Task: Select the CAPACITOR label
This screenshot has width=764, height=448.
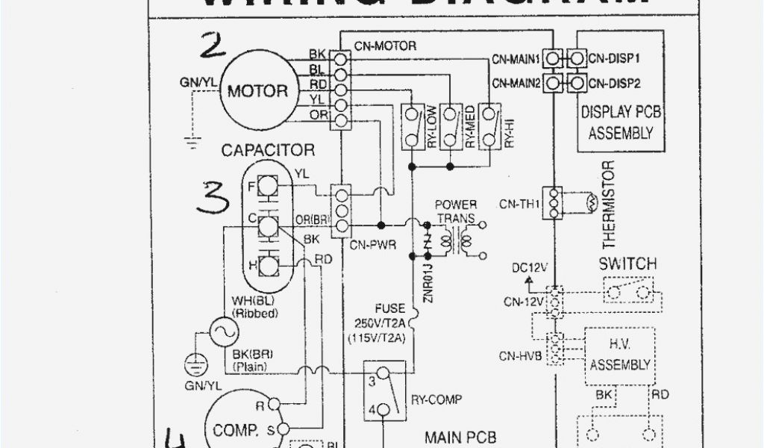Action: coord(268,150)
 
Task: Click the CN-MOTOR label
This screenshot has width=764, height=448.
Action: coord(385,46)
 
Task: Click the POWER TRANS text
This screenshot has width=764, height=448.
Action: coord(456,211)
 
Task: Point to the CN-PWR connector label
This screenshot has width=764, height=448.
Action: coord(373,244)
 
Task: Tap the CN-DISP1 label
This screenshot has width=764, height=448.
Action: coord(614,57)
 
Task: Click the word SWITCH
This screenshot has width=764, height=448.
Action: coord(628,264)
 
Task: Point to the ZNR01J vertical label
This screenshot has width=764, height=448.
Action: coord(428,279)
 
